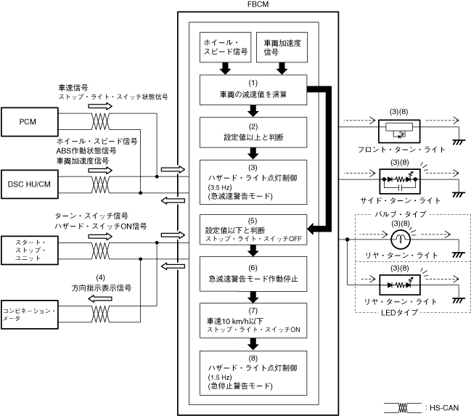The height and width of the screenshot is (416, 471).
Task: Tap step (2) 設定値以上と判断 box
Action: tap(253, 132)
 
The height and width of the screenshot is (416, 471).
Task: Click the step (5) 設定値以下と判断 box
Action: tap(253, 229)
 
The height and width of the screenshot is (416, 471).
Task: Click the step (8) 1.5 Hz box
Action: tap(253, 370)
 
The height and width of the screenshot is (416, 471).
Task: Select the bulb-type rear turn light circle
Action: tap(401, 239)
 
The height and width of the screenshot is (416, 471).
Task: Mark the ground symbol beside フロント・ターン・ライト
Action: tap(458, 142)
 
